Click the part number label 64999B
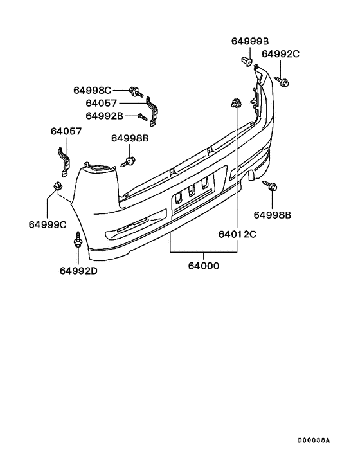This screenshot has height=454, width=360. click(x=249, y=41)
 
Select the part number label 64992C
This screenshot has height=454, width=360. click(x=280, y=54)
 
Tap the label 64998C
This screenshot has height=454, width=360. click(x=92, y=90)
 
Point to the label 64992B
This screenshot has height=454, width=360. click(x=105, y=116)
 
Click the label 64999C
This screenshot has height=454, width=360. click(x=48, y=224)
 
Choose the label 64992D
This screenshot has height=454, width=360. click(x=78, y=271)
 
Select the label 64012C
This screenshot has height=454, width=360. click(x=237, y=234)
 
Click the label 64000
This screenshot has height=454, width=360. click(x=204, y=266)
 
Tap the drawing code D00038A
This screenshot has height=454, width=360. click(x=314, y=440)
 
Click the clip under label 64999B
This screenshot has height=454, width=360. click(x=247, y=61)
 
